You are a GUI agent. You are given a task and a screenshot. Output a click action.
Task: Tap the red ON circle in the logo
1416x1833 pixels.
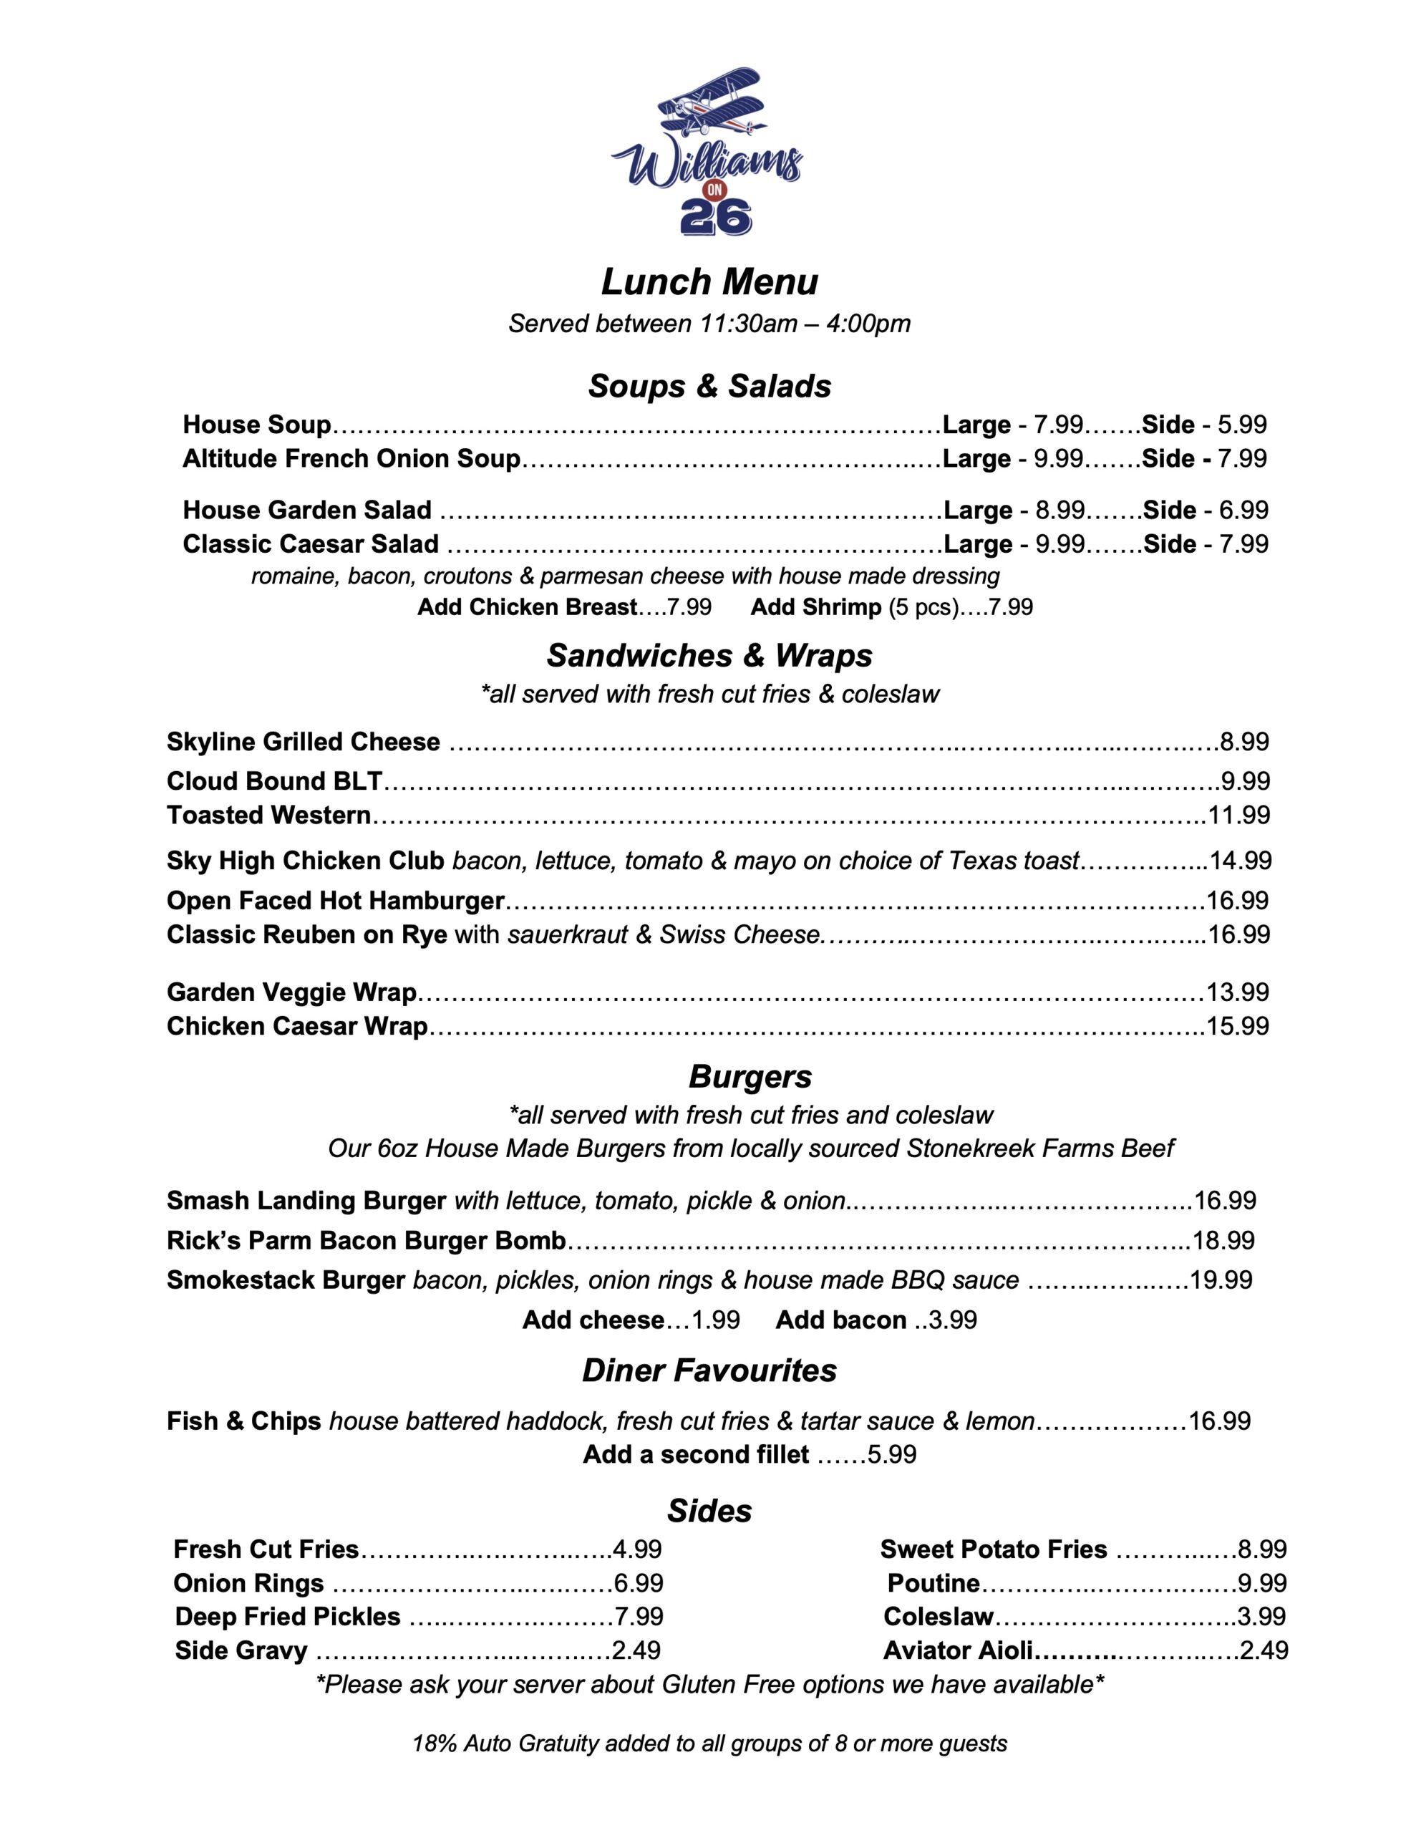[x=714, y=190]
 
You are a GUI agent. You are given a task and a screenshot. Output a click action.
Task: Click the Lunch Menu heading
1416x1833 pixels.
[x=709, y=282]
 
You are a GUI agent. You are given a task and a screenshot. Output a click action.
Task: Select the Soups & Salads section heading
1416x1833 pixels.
[x=709, y=386]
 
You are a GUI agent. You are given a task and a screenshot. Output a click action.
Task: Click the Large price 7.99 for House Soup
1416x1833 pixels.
[x=1057, y=425]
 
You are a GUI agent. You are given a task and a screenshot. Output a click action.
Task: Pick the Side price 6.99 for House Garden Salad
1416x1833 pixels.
[x=1243, y=511]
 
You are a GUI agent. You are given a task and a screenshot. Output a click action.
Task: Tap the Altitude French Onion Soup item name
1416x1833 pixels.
[x=351, y=459]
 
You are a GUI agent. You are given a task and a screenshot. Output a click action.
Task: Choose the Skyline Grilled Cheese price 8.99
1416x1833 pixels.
[x=1244, y=742]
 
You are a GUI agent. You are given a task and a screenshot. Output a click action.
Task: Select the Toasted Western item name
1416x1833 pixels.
[x=268, y=815]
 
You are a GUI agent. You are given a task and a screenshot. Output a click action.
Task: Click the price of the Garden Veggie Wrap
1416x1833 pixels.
[x=1237, y=992]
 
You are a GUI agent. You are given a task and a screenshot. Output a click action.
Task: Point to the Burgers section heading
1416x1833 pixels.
[x=750, y=1077]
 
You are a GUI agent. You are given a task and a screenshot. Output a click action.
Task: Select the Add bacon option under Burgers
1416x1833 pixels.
[x=840, y=1320]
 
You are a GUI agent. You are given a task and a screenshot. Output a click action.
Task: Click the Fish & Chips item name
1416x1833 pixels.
[x=243, y=1421]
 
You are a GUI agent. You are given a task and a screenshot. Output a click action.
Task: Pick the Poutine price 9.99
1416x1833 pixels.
[x=1262, y=1583]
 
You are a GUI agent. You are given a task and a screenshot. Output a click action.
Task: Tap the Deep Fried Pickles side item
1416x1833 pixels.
[x=287, y=1617]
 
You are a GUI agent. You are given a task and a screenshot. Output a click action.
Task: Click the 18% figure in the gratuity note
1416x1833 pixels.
[x=434, y=1744]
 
